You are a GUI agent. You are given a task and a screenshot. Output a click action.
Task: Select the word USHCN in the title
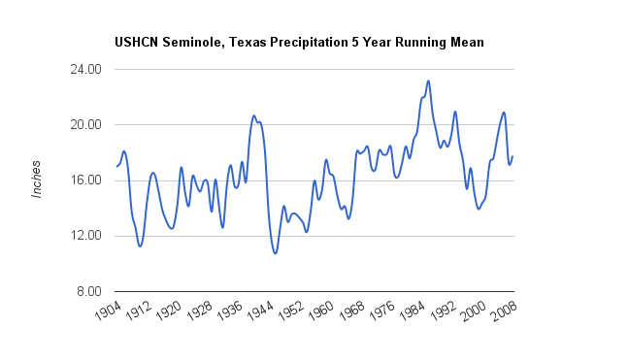tap(137, 42)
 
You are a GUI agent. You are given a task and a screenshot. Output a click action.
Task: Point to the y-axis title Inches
tap(37, 179)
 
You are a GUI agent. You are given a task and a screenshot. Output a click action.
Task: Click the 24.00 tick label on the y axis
tap(85, 69)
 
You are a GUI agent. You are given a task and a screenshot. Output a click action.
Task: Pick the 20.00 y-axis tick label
tap(85, 124)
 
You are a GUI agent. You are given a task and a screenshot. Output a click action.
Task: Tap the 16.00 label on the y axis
tap(85, 180)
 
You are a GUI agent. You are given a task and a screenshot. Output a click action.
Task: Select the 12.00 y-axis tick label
tap(85, 236)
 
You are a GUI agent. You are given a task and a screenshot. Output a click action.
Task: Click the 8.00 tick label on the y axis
tap(89, 291)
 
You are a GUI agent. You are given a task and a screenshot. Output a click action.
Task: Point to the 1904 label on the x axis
tap(108, 311)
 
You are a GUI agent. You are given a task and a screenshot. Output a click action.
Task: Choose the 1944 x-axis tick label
tap(260, 311)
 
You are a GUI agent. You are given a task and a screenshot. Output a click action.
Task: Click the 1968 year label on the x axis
tap(351, 311)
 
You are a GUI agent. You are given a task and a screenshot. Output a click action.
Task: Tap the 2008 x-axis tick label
tap(504, 311)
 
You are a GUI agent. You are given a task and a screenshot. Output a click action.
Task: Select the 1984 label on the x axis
tap(413, 311)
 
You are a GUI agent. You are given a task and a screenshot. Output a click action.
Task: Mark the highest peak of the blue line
tap(428, 82)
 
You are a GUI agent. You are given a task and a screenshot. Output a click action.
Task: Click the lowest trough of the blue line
tap(275, 253)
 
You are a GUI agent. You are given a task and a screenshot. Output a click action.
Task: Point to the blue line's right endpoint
tap(512, 156)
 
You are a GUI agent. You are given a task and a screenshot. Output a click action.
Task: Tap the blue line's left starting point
tap(116, 166)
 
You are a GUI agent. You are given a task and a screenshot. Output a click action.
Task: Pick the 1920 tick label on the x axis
tap(169, 311)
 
